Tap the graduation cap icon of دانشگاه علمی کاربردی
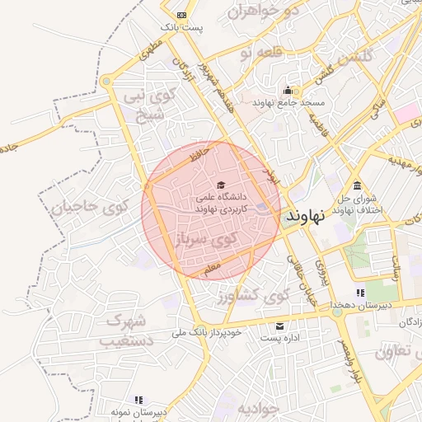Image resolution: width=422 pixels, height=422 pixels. tap(220, 184)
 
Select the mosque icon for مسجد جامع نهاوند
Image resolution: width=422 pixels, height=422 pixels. tap(287, 91)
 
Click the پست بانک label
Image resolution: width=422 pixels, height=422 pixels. tap(181, 27)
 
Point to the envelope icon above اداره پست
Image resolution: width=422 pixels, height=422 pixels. tap(279, 326)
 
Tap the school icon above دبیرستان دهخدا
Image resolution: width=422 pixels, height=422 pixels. tap(360, 293)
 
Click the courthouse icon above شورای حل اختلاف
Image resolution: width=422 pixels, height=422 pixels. tap(356, 185)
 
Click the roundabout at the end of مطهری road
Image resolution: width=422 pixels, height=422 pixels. tap(106, 81)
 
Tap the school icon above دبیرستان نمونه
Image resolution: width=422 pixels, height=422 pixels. tap(138, 399)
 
